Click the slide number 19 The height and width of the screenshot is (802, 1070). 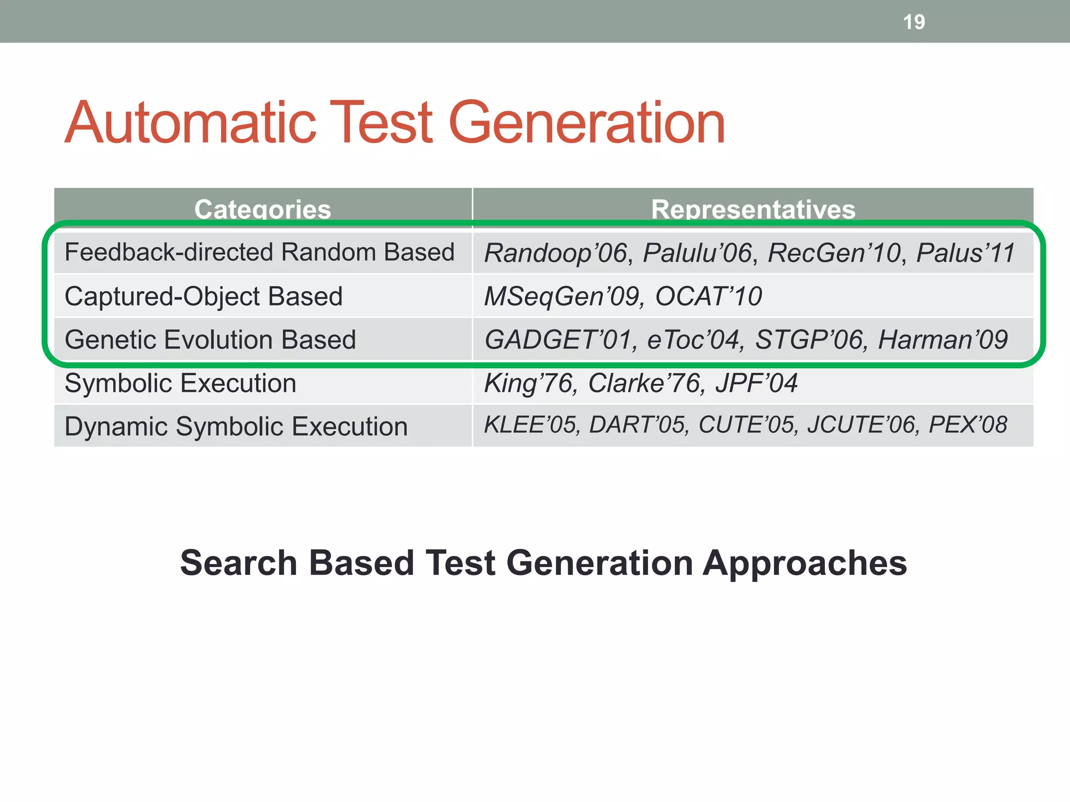pyautogui.click(x=914, y=22)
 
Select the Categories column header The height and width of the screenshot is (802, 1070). pyautogui.click(x=263, y=209)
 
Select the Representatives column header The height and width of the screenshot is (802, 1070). pyautogui.click(x=753, y=209)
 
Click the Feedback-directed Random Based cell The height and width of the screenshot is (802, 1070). pyautogui.click(x=259, y=252)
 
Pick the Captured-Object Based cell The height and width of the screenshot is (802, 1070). pyautogui.click(x=203, y=296)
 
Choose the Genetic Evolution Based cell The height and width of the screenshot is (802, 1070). pyautogui.click(x=210, y=339)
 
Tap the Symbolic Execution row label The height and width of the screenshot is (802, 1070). pyautogui.click(x=180, y=383)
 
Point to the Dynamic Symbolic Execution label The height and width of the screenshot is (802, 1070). pyautogui.click(x=236, y=426)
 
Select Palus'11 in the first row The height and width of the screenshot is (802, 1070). pyautogui.click(x=965, y=253)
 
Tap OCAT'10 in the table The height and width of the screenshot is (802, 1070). pyautogui.click(x=708, y=296)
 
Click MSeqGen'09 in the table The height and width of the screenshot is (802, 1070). pyautogui.click(x=562, y=296)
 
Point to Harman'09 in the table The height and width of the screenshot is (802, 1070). pyautogui.click(x=943, y=339)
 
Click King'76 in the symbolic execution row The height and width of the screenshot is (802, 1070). pyautogui.click(x=529, y=383)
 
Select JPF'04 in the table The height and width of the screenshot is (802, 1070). pyautogui.click(x=756, y=383)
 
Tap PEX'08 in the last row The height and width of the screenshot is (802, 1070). pyautogui.click(x=968, y=424)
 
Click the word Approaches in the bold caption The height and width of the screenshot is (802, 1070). pyautogui.click(x=805, y=563)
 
